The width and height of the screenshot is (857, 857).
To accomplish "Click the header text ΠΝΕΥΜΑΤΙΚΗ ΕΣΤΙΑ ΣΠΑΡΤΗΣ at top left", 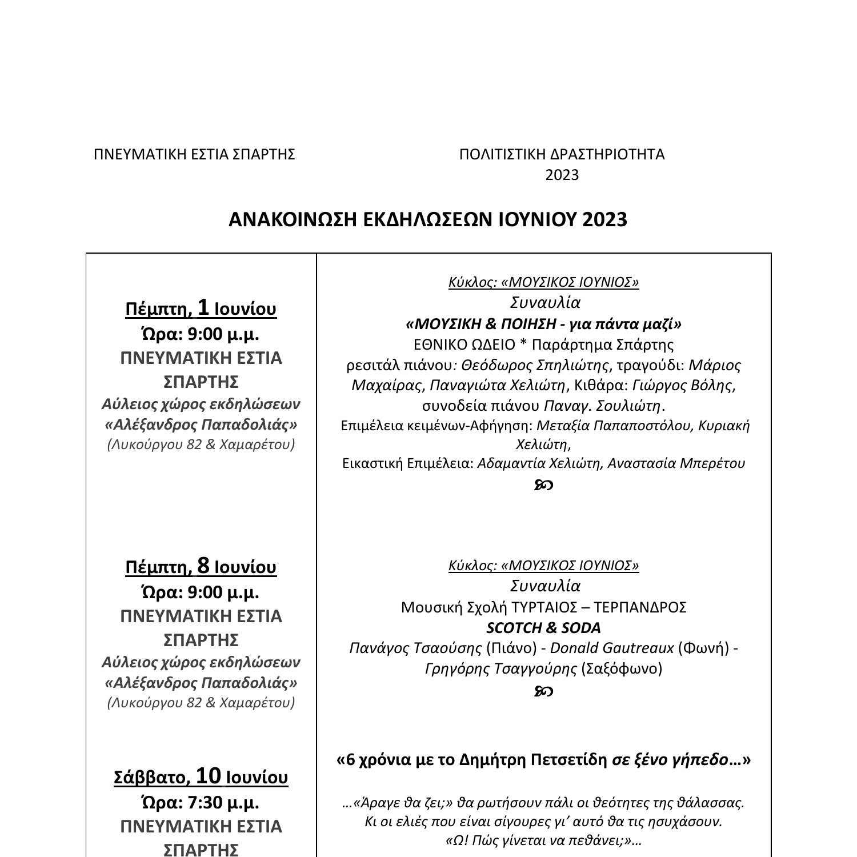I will point(194,154).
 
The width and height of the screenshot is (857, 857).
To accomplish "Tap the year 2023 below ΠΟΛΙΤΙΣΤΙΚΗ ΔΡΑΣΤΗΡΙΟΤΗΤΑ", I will point(562,175).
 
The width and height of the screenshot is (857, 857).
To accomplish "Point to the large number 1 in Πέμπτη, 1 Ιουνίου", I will point(203,307).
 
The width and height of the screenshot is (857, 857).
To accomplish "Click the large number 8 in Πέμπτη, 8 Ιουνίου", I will point(203,566).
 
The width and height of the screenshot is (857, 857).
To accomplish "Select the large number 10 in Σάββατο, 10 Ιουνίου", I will point(208,776).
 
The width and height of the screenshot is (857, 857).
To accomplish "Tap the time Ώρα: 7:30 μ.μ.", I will point(200,802).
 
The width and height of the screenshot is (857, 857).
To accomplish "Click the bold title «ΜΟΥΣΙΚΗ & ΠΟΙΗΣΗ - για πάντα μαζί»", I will point(543,324).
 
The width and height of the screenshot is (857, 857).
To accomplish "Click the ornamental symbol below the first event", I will point(543,485).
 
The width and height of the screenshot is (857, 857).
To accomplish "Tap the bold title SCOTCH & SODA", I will point(543,628).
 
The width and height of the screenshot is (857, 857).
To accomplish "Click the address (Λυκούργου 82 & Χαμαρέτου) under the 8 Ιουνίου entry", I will point(201,702).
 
